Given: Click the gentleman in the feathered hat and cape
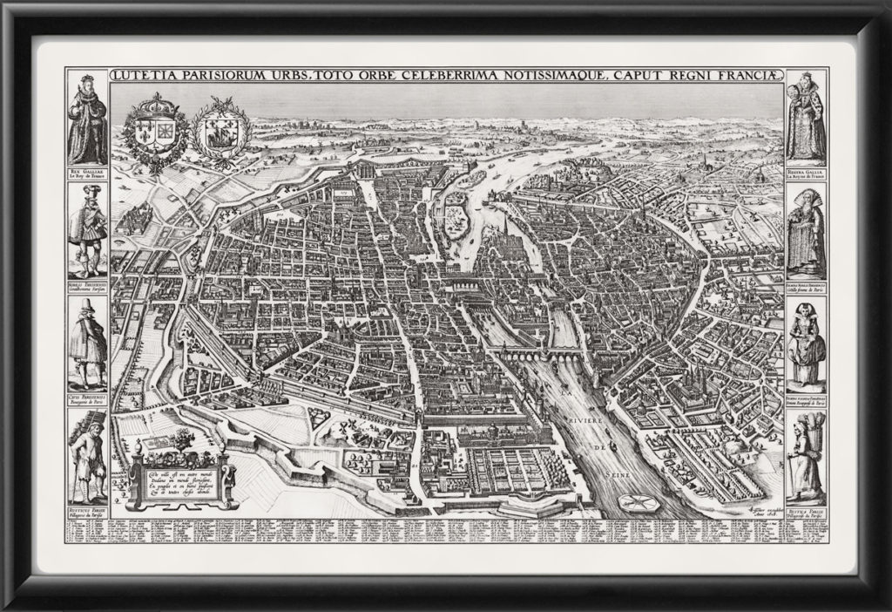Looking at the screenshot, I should point(87,232).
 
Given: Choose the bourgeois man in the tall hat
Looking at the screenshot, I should point(87,343).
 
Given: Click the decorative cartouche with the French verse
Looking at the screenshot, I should point(180,478).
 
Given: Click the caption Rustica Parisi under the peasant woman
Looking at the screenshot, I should point(807,513).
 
